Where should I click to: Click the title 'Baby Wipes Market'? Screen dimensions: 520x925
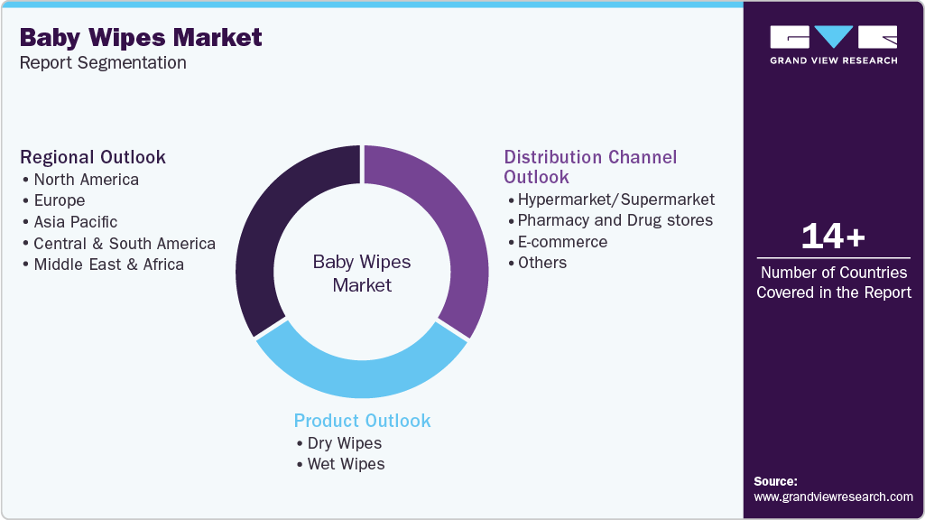[x=141, y=37]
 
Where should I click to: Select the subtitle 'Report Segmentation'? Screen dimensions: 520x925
[x=103, y=62]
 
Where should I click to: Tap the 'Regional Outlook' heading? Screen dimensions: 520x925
[x=93, y=157]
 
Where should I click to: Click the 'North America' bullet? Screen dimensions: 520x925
[x=86, y=180]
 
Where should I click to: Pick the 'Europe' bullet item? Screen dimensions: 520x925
[x=60, y=200]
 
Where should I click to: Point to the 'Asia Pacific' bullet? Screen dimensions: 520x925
[x=76, y=222]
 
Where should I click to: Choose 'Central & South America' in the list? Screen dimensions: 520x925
[x=125, y=244]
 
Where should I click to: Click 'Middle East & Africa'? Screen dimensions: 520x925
[x=108, y=265]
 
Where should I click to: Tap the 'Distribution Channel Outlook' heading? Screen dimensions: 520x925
[x=590, y=167]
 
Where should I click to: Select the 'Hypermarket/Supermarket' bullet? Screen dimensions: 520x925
[x=615, y=200]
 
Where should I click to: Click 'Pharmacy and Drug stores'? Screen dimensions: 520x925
[x=615, y=220]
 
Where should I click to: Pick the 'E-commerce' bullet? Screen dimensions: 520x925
[x=562, y=242]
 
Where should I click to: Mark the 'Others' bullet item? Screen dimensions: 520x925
[x=542, y=263]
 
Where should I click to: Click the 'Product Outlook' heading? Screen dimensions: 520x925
[x=362, y=421]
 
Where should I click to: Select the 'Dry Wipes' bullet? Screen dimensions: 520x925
[x=344, y=443]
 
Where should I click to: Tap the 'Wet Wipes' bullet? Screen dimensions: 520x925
[x=346, y=464]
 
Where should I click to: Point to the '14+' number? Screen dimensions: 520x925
[x=833, y=237]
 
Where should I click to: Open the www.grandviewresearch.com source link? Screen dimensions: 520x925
[x=833, y=497]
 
